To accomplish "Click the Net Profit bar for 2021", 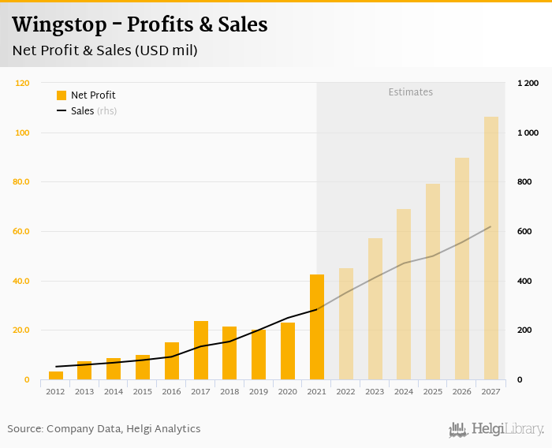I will [317, 327].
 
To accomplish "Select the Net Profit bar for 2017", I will [201, 351].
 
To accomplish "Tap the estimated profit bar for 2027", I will [491, 248].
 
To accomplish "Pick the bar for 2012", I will [56, 375].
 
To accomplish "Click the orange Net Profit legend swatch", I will [62, 95].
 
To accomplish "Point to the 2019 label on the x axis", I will [259, 391].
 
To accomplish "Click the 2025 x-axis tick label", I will [433, 391].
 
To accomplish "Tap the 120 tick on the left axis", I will [23, 83].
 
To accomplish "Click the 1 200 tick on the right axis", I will [528, 83].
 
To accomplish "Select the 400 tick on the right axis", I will [524, 282].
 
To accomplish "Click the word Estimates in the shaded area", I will [410, 92].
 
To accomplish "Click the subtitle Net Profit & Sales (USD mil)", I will [104, 50].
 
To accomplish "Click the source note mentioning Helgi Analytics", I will [104, 429].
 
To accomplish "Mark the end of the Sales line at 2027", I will [490, 227].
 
